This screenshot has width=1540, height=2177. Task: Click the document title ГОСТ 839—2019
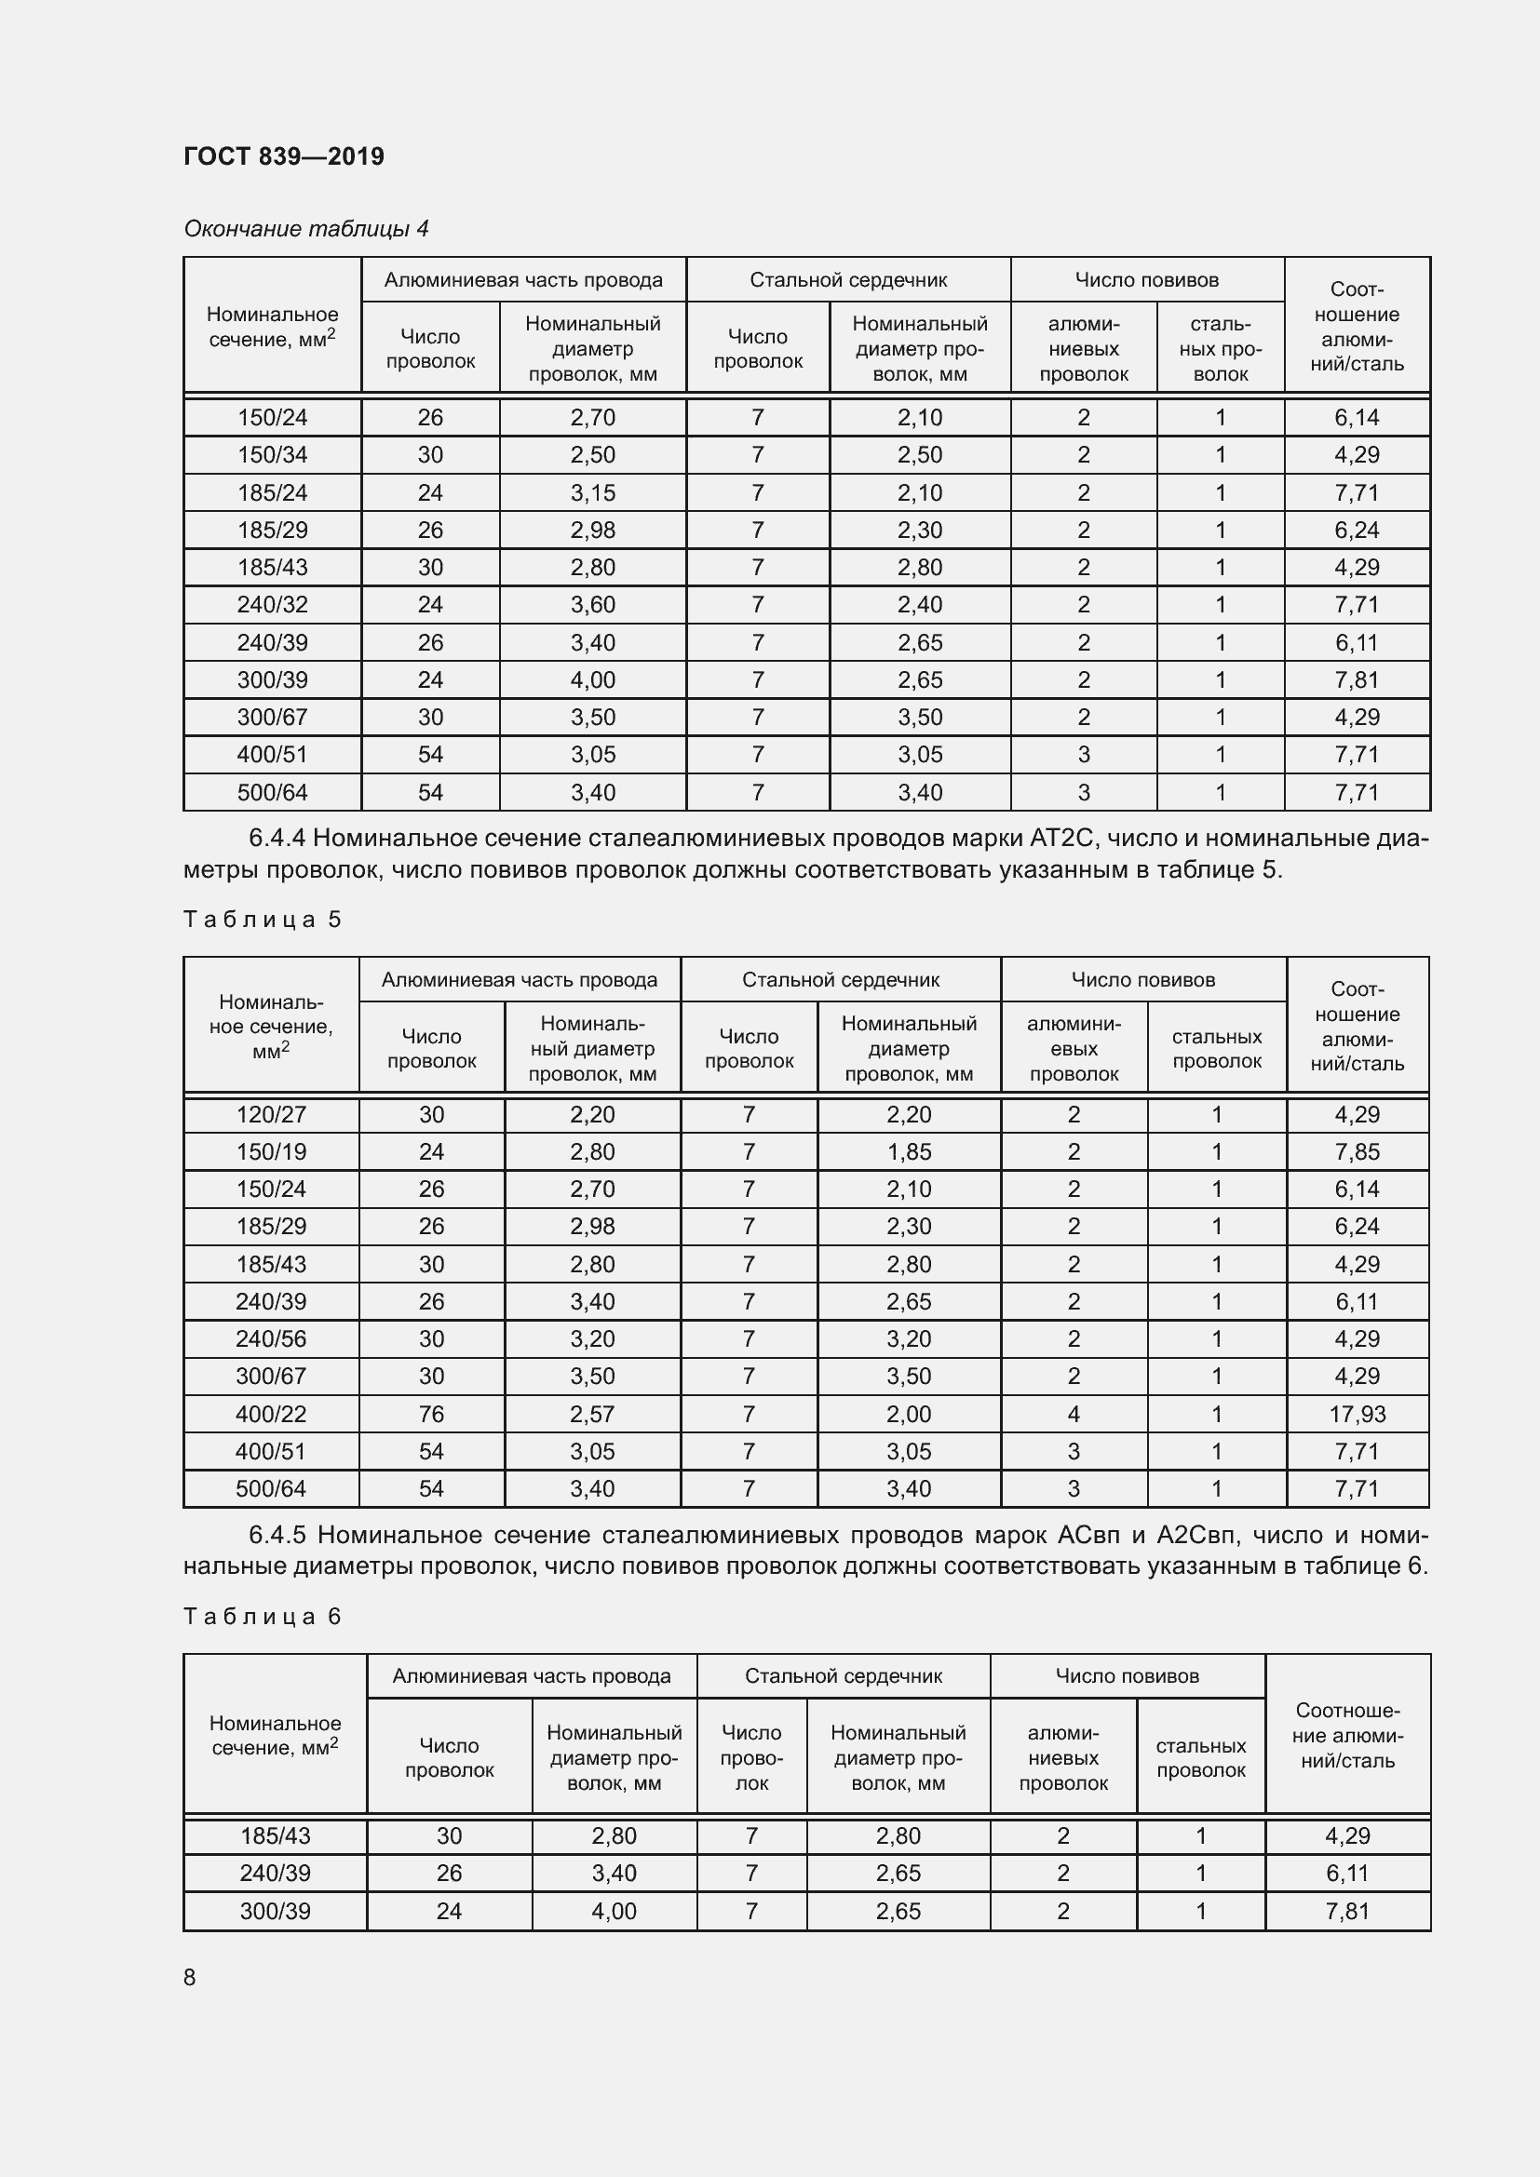(x=284, y=156)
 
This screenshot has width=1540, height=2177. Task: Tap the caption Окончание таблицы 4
(x=305, y=229)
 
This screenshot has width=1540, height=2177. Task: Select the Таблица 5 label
(x=262, y=919)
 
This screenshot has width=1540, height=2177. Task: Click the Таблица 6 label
(x=262, y=1616)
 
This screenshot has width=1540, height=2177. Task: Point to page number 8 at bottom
(x=190, y=1977)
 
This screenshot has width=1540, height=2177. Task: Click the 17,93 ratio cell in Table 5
(x=1356, y=1414)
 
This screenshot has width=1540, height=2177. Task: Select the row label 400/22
(x=271, y=1414)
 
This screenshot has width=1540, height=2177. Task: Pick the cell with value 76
(x=431, y=1414)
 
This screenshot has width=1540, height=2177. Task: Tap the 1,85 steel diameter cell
(x=909, y=1152)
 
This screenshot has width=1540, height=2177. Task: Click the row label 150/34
(x=272, y=455)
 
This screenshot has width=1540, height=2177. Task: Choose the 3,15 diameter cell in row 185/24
(x=593, y=493)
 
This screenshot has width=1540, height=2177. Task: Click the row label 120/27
(x=271, y=1114)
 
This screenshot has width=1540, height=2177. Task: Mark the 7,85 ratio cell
(x=1356, y=1152)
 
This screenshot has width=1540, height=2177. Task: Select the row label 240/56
(x=271, y=1338)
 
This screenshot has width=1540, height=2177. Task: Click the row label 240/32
(x=272, y=605)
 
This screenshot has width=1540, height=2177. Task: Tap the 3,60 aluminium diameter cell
(x=593, y=605)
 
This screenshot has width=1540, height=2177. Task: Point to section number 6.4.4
(x=276, y=839)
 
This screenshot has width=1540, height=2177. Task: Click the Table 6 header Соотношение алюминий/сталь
(x=1346, y=1735)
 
